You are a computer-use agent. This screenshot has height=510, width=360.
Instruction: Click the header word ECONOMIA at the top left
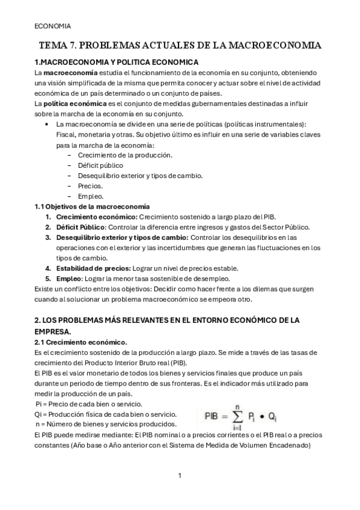53,26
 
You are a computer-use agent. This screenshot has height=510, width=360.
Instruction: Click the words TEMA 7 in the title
57,46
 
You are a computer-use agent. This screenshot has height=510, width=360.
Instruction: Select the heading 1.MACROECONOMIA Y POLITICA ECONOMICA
117,63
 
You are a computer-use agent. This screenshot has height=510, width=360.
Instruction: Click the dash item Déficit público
100,165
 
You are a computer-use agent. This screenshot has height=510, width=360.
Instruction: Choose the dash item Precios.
90,186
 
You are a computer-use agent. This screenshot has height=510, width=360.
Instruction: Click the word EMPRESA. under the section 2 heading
53,331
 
